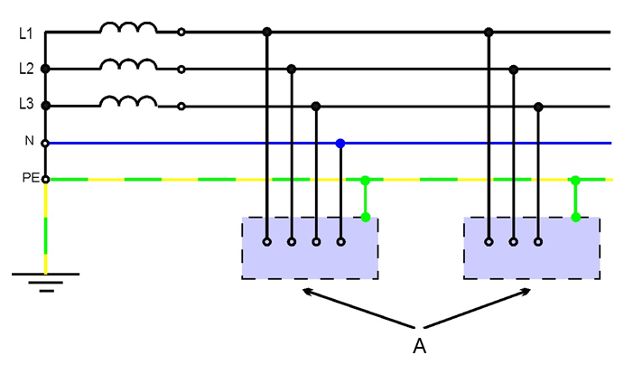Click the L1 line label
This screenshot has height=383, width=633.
coord(26,33)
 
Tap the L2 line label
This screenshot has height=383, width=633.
coord(26,69)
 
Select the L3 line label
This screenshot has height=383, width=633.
coord(26,104)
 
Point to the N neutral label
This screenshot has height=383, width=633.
coord(29,141)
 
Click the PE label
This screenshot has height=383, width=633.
coord(31,178)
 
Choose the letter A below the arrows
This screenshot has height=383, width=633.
coord(420,346)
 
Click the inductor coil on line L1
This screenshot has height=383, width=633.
coord(128,27)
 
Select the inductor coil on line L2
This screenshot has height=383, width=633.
coord(128,64)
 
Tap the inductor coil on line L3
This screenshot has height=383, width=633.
coord(128,101)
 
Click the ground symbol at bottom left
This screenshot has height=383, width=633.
coord(46,282)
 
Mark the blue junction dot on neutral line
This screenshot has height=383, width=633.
coord(340,144)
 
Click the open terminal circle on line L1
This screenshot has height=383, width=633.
coord(182,32)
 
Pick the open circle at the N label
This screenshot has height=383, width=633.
coord(46,144)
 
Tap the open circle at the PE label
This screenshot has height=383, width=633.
coord(46,180)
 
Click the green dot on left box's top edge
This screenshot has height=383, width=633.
coord(366,218)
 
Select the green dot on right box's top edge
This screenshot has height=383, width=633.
coord(576,218)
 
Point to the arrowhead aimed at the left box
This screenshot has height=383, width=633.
coord(308,291)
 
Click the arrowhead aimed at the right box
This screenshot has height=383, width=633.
coord(526,291)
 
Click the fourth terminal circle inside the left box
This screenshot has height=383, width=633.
coord(341,242)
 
